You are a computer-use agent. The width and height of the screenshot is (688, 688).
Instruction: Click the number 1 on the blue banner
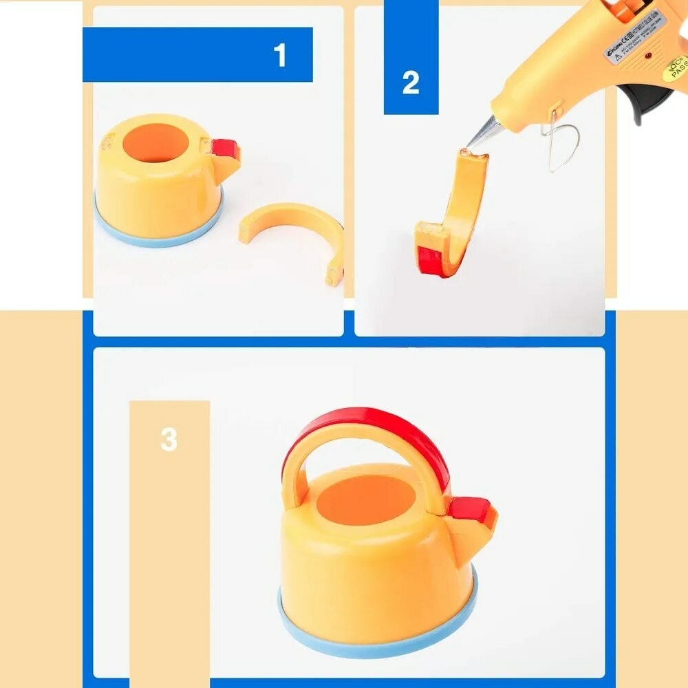(279, 55)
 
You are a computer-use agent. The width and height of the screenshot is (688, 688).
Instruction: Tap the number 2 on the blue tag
(411, 83)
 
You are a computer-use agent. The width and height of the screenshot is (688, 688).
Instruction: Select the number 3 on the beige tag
(169, 439)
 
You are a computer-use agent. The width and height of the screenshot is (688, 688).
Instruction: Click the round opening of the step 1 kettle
(158, 143)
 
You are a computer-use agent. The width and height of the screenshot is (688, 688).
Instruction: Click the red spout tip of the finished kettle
(471, 510)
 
